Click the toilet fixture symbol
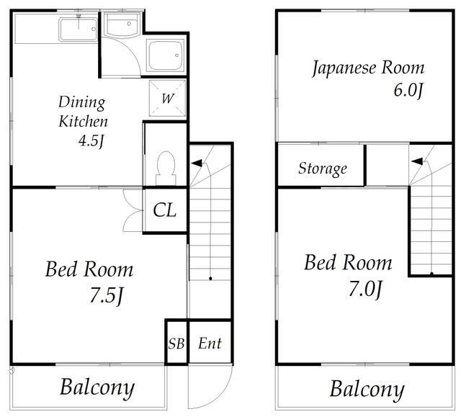click(x=166, y=168)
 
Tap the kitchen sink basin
click(x=79, y=30)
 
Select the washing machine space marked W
click(x=168, y=98)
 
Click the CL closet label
click(x=165, y=210)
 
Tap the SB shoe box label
click(x=176, y=344)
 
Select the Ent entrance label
click(x=210, y=344)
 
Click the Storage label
click(x=323, y=169)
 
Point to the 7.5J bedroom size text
click(x=106, y=295)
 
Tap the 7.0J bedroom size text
click(x=365, y=289)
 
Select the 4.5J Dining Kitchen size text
click(x=91, y=140)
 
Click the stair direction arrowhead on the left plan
click(x=197, y=163)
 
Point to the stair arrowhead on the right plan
click(x=417, y=161)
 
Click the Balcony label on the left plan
click(x=97, y=388)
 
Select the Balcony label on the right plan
click(x=367, y=390)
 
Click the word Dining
click(x=81, y=103)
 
